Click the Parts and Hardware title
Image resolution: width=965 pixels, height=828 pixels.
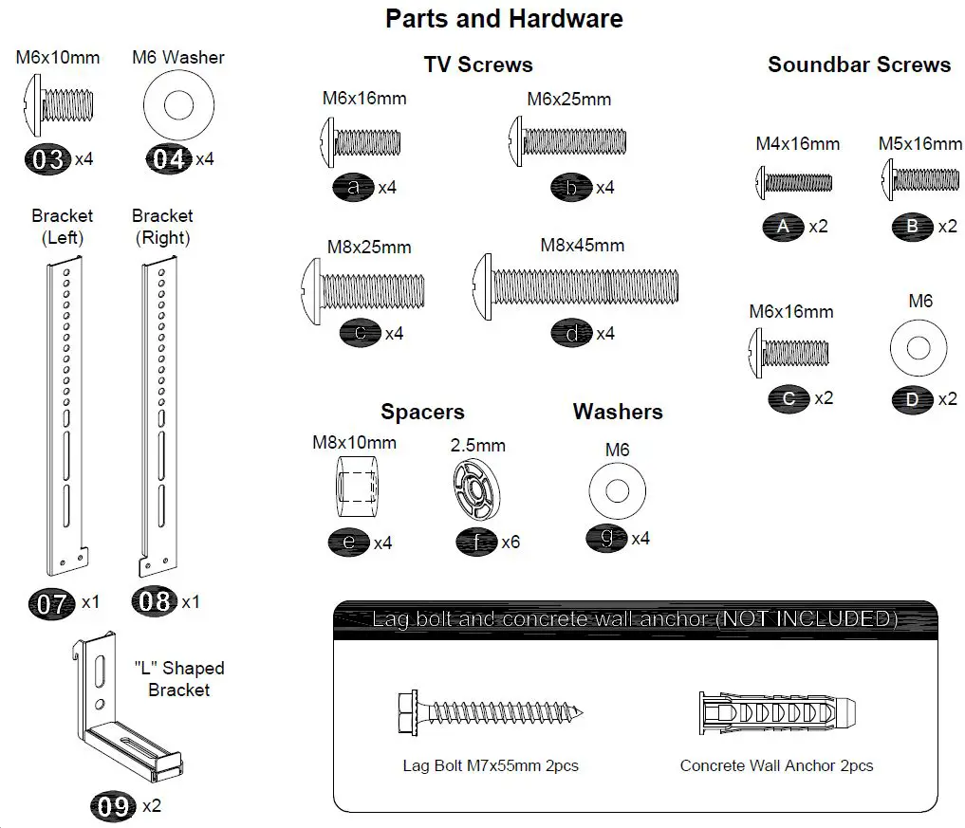click(504, 19)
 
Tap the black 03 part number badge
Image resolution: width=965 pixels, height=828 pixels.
click(47, 159)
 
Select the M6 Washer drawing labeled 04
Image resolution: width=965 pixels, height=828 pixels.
click(176, 105)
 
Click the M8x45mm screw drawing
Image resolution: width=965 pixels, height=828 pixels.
click(575, 286)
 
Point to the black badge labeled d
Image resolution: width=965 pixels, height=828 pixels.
click(571, 334)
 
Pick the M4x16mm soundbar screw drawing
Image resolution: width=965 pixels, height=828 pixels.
click(793, 181)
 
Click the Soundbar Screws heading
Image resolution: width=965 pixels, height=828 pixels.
click(859, 64)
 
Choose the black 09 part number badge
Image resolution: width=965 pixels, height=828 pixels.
click(113, 806)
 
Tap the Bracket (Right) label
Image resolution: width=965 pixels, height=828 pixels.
click(162, 227)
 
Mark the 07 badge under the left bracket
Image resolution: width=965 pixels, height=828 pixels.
click(52, 602)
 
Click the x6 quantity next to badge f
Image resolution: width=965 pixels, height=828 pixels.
click(510, 543)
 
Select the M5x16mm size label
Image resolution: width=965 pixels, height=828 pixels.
click(919, 144)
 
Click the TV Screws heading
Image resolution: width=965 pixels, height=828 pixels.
click(477, 64)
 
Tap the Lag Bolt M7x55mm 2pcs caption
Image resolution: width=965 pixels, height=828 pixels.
click(491, 765)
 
